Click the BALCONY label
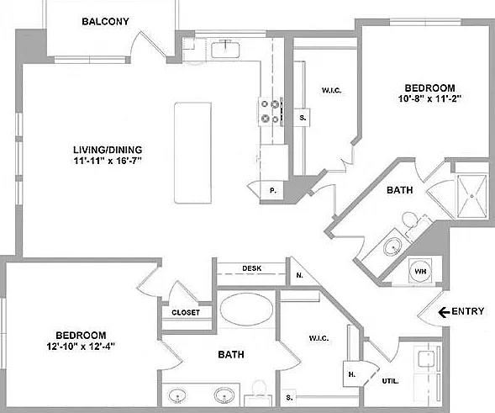tap(105, 22)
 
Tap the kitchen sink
tap(225, 50)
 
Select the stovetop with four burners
tap(271, 112)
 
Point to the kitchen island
tap(193, 153)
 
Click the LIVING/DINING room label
tap(108, 150)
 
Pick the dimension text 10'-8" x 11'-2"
tap(429, 99)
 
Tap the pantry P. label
tap(273, 191)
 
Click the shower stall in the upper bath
tap(472, 196)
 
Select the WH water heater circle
tap(420, 271)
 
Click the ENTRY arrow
tap(444, 312)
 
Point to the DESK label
tap(251, 268)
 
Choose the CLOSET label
tap(186, 313)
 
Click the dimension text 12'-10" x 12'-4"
tap(81, 347)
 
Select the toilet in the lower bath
tap(259, 392)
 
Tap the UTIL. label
tap(390, 381)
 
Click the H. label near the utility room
tap(352, 374)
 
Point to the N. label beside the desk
tap(299, 275)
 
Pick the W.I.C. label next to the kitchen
tap(331, 90)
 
